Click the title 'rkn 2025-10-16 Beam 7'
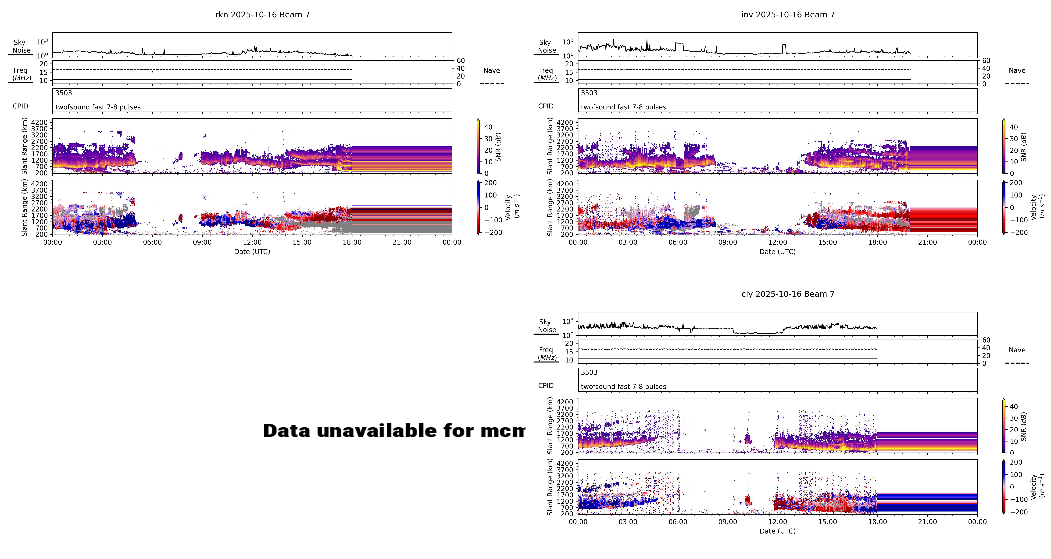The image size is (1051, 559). tap(262, 15)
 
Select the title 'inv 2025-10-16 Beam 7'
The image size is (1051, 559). tap(788, 15)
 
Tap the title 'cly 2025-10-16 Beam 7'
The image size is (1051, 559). tap(788, 294)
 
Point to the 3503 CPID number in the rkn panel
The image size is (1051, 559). tap(64, 93)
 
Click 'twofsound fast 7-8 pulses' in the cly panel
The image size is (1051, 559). tap(623, 386)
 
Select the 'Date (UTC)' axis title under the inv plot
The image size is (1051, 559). tap(777, 252)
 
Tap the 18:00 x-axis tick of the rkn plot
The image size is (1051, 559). tap(352, 242)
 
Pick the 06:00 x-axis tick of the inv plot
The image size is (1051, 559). tap(678, 242)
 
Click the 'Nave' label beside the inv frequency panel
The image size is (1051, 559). tap(1017, 71)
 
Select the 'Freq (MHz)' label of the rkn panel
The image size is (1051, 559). tap(21, 74)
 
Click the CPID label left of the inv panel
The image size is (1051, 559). tap(546, 106)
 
